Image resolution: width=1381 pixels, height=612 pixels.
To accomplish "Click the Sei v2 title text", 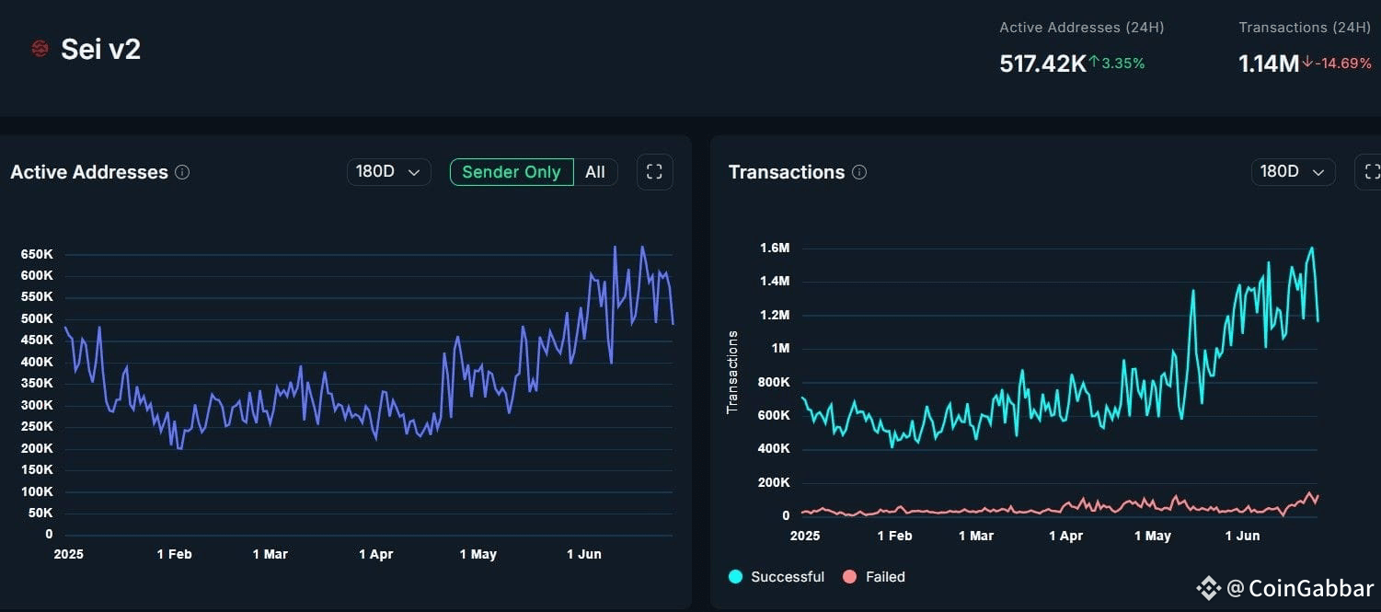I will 100,50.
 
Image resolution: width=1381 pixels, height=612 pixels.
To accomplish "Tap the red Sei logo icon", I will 40,49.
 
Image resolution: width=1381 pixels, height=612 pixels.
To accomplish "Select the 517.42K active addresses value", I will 1042,64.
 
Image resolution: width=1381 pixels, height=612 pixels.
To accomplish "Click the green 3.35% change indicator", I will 1118,63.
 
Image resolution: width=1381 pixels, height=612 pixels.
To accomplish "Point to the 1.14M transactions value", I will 1268,64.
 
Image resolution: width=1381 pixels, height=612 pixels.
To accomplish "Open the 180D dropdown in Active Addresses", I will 388,172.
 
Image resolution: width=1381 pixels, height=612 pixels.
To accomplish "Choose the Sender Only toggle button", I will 511,172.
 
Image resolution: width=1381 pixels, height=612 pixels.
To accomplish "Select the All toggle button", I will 595,172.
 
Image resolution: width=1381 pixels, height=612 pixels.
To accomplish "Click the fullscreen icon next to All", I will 654,172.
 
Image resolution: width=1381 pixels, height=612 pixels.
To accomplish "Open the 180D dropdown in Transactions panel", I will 1292,172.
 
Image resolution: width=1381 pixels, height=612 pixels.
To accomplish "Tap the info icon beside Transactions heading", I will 859,172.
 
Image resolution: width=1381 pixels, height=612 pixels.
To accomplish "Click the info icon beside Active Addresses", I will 182,172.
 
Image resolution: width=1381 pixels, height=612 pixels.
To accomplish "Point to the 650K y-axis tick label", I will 36,254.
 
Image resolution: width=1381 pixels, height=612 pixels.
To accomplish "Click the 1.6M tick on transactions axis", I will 775,248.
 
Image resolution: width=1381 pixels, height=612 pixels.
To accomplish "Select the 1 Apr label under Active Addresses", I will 375,554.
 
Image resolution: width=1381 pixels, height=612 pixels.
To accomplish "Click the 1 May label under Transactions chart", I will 1152,536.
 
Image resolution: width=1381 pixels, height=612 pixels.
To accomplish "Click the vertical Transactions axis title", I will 733,372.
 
